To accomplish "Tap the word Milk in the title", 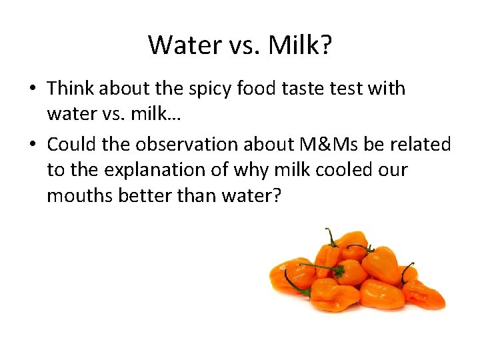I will pyautogui.click(x=293, y=45).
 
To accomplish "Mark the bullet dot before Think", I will pyautogui.click(x=34, y=89).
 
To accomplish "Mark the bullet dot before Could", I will pyautogui.click(x=34, y=145).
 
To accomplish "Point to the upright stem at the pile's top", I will pyautogui.click(x=331, y=237).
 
